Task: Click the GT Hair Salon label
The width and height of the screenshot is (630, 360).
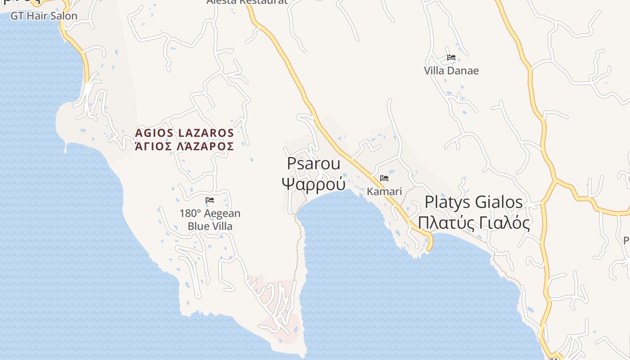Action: pyautogui.click(x=44, y=16)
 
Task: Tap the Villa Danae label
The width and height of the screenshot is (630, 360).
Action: pyautogui.click(x=451, y=71)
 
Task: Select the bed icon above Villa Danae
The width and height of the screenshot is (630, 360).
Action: pyautogui.click(x=451, y=58)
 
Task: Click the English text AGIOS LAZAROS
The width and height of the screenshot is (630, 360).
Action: pyautogui.click(x=184, y=133)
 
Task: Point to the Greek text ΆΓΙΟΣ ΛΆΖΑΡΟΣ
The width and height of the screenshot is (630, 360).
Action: pyautogui.click(x=184, y=146)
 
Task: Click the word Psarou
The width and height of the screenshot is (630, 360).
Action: pyautogui.click(x=314, y=163)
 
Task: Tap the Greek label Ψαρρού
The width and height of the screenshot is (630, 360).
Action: pyautogui.click(x=314, y=184)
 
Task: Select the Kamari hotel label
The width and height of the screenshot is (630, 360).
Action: pyautogui.click(x=384, y=191)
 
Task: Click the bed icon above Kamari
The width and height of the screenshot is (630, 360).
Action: pyautogui.click(x=384, y=178)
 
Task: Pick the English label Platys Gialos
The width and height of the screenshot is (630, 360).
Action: pyautogui.click(x=473, y=202)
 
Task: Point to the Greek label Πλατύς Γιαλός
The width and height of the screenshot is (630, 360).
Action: pyautogui.click(x=473, y=222)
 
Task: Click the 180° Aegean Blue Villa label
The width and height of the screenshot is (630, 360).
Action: pyautogui.click(x=210, y=220)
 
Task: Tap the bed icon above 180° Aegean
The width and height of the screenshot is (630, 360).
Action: pyautogui.click(x=210, y=200)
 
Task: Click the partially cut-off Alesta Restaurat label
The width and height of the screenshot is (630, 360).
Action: pyautogui.click(x=247, y=2)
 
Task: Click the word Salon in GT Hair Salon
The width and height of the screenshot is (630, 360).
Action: pyautogui.click(x=63, y=16)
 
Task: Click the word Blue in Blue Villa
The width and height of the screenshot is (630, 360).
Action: pyautogui.click(x=198, y=226)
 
